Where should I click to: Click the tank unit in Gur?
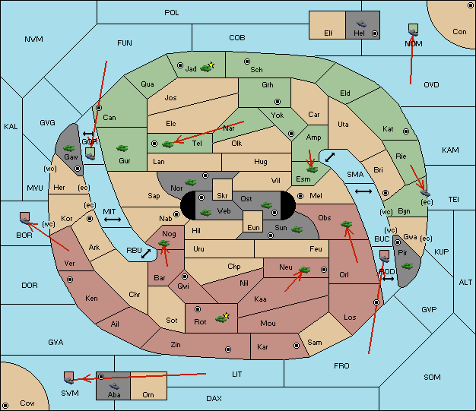point(122,148)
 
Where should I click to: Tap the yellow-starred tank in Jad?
point(207,68)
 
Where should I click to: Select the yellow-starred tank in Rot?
point(222,318)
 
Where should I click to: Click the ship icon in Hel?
point(361,24)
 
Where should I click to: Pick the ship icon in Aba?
point(115,385)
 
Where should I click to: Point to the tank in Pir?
point(407,266)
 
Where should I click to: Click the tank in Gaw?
point(69,148)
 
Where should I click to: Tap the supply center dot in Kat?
point(406,131)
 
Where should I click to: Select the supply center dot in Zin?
point(228,349)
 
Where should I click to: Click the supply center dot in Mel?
point(300,196)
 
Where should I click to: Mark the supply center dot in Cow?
point(5,406)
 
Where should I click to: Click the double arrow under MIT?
point(113,220)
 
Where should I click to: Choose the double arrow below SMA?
point(363,191)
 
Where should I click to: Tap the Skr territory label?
point(222,196)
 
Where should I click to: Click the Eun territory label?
point(253,227)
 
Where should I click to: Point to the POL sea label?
point(172,13)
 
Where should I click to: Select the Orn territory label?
point(148,394)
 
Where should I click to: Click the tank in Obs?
point(347,224)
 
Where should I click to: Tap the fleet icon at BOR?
point(25,218)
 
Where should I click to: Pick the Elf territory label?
point(328,33)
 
